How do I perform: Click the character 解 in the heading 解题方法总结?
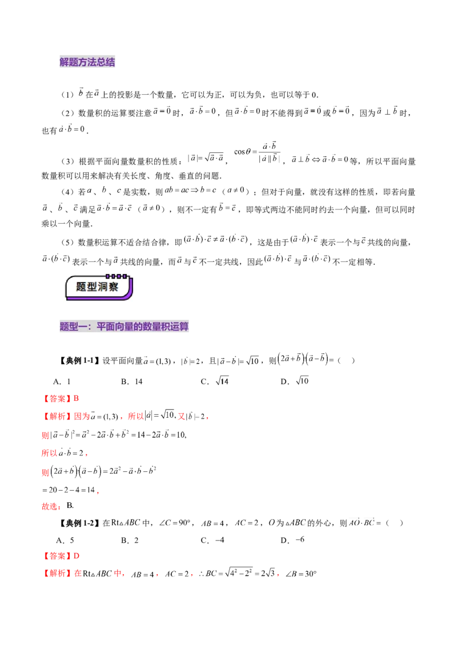[64, 62]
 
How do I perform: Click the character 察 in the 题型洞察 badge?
[114, 287]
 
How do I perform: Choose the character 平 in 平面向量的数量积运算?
[101, 327]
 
